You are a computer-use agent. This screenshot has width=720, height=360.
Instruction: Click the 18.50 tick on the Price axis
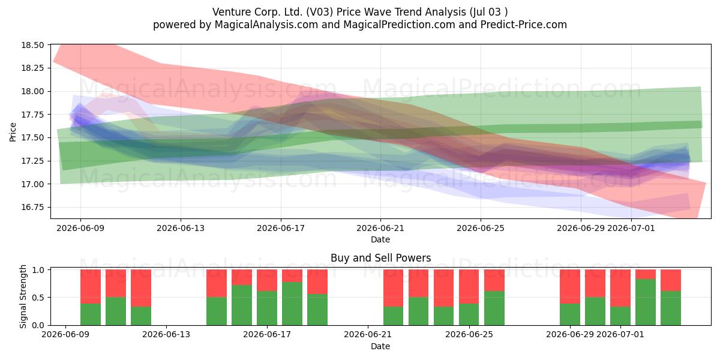coord(32,45)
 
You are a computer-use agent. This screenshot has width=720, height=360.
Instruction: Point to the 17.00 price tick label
coord(32,184)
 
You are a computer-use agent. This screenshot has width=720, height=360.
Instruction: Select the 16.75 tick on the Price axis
coord(32,208)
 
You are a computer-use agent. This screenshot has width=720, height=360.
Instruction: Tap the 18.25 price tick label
coord(32,68)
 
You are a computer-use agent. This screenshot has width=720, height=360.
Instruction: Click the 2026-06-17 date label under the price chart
coord(281,228)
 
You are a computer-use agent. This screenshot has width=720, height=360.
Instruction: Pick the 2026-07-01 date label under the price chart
coord(631,228)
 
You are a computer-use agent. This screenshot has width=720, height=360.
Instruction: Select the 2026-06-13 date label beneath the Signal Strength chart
coord(166,335)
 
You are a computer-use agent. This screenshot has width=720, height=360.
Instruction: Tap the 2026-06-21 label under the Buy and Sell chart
coord(368,335)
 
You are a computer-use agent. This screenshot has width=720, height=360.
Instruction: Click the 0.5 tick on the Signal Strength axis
coord(38,298)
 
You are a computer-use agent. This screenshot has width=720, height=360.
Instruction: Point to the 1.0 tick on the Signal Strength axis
coord(38,270)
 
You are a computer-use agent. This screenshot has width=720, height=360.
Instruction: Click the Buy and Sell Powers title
coord(380,258)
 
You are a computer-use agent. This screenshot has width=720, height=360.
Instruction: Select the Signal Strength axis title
coord(23,296)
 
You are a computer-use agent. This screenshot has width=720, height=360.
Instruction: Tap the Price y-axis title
coord(13,132)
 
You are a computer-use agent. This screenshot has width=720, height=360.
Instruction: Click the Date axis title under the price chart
coord(380,239)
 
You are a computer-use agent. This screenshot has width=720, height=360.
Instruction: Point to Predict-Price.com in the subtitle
coord(524,25)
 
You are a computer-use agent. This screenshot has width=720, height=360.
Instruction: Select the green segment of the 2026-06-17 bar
coord(267,308)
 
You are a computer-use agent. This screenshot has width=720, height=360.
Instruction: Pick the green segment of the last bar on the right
coord(671,308)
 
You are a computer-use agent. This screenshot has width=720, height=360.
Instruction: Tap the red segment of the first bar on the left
coord(91,286)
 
